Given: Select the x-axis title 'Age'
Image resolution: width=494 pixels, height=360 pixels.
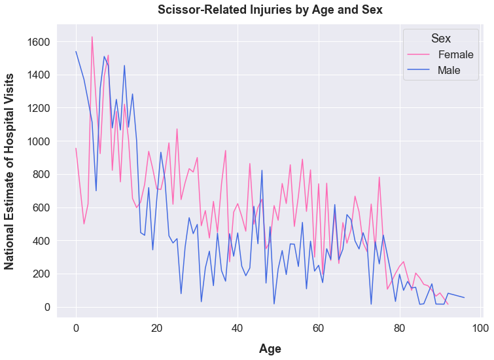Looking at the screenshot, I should (x=270, y=348).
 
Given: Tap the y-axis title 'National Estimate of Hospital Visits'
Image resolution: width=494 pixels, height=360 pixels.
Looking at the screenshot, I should (x=10, y=171).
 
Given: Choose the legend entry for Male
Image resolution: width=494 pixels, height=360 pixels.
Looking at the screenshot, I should (x=449, y=70).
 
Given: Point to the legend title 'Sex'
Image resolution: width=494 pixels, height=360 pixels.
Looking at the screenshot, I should (x=441, y=38).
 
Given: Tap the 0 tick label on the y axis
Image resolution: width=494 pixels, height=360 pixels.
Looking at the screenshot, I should (x=46, y=307).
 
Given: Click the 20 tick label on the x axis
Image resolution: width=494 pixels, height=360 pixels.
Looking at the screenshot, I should (x=156, y=327).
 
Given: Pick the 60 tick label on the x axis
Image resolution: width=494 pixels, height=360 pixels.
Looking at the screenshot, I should (x=318, y=327).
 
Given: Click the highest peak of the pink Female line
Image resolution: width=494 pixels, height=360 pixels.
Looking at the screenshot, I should (x=92, y=37).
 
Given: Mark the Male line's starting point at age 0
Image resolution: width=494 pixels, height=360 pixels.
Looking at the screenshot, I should (x=76, y=52).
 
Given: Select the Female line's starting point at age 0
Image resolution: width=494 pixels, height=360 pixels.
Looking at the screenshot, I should (x=76, y=149).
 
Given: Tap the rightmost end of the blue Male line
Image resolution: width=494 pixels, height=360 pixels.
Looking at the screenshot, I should (x=464, y=298).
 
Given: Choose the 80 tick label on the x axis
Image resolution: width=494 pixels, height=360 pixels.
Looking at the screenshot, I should (x=399, y=327).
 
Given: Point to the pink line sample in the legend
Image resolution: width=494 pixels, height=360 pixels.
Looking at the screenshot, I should (x=419, y=54).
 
